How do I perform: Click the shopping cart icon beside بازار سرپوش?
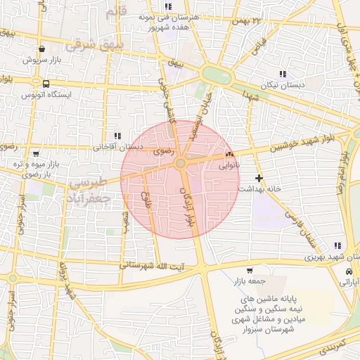[x=43, y=49]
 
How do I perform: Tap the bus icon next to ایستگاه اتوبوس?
[x=46, y=84]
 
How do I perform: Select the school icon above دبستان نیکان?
[x=283, y=73]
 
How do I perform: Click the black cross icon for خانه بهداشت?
[x=259, y=178]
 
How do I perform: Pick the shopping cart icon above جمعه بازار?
[x=250, y=271]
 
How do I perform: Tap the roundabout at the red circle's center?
[x=181, y=163]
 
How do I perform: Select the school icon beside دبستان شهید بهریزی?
[x=337, y=246]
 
